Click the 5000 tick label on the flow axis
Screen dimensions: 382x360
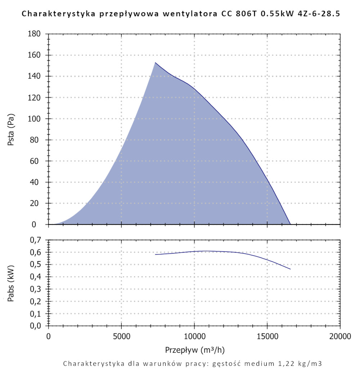tap(121, 337)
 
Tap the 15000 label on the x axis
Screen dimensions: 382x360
tap(267, 337)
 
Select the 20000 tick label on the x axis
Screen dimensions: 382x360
tap(340, 337)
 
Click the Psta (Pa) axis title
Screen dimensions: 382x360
tap(11, 129)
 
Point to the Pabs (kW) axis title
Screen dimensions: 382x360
tap(11, 283)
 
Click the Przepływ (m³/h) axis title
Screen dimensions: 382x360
tap(195, 350)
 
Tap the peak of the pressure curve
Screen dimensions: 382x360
tap(155, 63)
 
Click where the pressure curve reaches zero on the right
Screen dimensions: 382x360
tap(290, 224)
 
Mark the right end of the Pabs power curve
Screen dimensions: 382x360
tap(290, 269)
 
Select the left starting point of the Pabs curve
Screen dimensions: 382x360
tap(156, 254)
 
